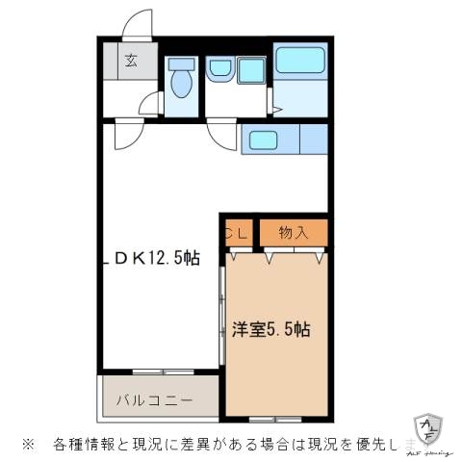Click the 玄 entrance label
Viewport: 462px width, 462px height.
click(129, 60)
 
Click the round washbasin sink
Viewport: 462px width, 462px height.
click(218, 68)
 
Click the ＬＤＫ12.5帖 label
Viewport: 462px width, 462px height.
click(156, 257)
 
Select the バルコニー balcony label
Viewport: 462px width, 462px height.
click(154, 398)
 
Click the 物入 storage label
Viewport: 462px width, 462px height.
click(294, 232)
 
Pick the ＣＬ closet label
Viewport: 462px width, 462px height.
click(237, 232)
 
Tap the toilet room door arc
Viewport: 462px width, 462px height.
click(149, 104)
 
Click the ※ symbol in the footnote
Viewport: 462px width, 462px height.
click(28, 445)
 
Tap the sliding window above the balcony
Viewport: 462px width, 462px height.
click(163, 371)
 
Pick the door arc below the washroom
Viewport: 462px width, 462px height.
click(223, 135)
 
